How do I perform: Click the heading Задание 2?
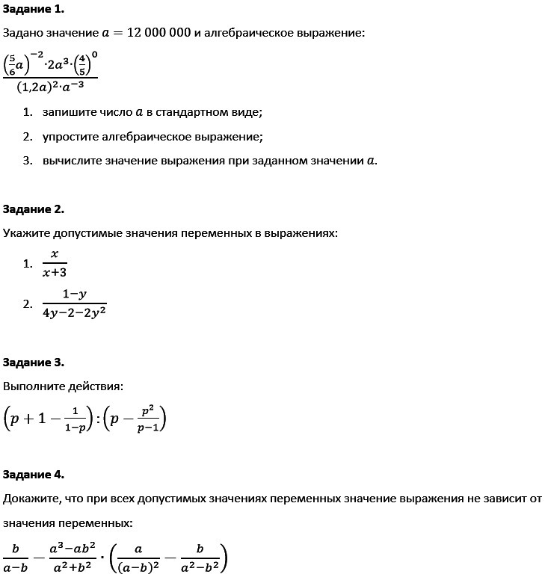click(x=34, y=209)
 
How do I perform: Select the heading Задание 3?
click(x=34, y=363)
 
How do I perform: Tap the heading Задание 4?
click(x=34, y=475)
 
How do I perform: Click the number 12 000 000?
click(x=158, y=34)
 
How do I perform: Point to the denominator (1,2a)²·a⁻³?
click(x=50, y=87)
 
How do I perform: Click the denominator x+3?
click(x=55, y=273)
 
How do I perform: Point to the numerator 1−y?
click(x=74, y=294)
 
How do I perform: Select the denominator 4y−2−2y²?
click(x=74, y=312)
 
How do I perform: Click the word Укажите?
click(x=25, y=233)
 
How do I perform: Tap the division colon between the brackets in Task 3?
click(x=97, y=421)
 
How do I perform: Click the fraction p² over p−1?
click(x=147, y=421)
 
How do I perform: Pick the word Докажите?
click(x=28, y=499)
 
